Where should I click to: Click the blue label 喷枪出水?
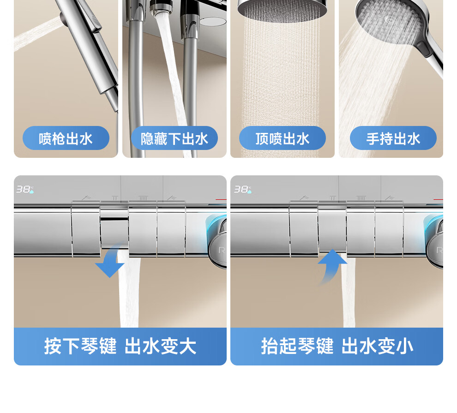(66, 138)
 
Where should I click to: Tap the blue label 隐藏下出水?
(174, 138)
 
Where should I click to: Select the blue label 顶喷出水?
(283, 138)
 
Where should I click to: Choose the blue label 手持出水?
(393, 138)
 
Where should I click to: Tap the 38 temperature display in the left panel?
(25, 189)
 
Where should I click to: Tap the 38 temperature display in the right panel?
(243, 189)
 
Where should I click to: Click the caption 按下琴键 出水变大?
(120, 346)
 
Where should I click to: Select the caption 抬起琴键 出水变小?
(337, 346)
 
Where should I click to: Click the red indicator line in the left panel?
(221, 199)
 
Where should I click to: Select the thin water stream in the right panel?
(349, 291)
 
